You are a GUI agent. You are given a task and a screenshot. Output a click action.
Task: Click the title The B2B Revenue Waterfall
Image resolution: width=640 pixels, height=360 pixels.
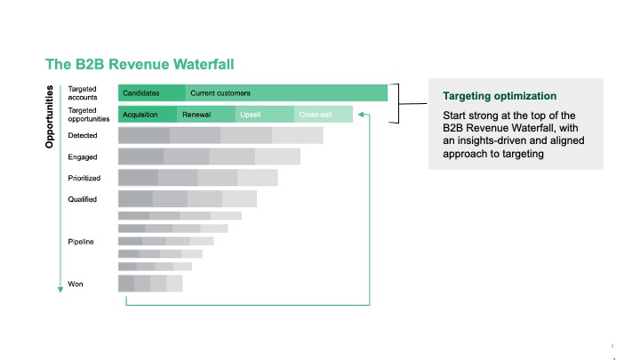pos(140,64)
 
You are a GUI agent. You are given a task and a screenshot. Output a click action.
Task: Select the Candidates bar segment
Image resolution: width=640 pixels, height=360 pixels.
pos(152,93)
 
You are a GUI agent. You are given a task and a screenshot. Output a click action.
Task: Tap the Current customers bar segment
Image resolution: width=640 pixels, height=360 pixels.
pos(286,93)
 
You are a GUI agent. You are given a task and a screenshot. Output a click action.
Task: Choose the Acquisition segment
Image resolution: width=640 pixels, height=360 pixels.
pos(148,115)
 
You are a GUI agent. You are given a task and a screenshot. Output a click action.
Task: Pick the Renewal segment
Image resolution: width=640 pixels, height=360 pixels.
pos(206,115)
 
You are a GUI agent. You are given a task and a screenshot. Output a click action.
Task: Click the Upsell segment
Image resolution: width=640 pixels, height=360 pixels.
pos(265,115)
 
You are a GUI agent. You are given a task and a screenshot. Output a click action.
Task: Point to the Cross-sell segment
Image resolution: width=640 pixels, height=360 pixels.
pos(324,115)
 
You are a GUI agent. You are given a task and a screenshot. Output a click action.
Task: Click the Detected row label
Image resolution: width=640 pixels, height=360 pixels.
pos(83,135)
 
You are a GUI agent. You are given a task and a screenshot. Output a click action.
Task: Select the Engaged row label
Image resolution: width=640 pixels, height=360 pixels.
pos(83,157)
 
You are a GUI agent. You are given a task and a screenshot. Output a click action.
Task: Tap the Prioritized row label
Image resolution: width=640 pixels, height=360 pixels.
pos(84,178)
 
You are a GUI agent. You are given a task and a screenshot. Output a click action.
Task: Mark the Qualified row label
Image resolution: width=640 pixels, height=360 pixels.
pos(83,199)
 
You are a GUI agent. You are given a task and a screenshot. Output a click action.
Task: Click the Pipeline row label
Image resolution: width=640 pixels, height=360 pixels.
pos(81,242)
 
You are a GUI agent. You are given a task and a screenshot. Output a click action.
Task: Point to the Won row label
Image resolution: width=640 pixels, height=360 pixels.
pos(76,284)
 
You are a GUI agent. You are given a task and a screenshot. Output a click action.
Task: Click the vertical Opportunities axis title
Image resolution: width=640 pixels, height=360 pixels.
pos(50,116)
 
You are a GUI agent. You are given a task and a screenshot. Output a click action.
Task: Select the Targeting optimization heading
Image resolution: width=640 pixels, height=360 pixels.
pos(500,96)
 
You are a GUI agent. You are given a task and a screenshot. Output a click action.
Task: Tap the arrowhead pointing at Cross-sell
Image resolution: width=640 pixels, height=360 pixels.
pos(361,115)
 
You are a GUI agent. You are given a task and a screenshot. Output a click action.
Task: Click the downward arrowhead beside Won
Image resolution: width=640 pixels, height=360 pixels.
pos(60,290)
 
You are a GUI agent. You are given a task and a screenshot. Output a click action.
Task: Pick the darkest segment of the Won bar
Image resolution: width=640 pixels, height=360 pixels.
pos(126,284)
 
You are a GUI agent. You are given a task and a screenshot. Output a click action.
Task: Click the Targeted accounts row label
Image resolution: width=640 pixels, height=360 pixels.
pos(83,93)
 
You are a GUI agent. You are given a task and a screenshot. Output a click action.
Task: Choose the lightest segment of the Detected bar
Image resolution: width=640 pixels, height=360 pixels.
pos(298,135)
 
